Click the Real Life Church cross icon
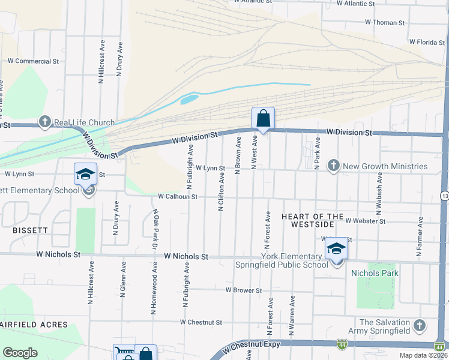(45, 122)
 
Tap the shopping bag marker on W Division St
(263, 119)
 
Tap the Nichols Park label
(376, 273)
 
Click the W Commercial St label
(33, 61)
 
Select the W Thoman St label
(385, 22)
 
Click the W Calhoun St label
(178, 196)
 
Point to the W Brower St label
(244, 290)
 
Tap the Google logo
(20, 353)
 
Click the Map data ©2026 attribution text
(424, 356)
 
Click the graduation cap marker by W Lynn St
(85, 175)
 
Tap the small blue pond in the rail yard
(188, 98)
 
